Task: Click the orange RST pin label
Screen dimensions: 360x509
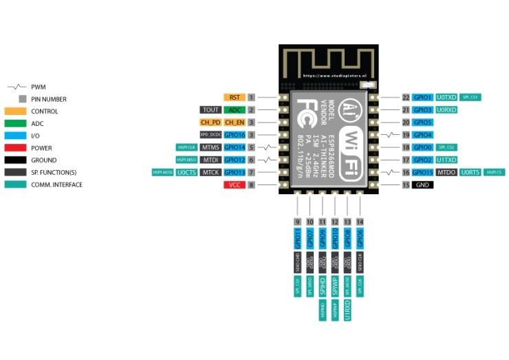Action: (234, 98)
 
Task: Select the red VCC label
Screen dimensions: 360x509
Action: (234, 185)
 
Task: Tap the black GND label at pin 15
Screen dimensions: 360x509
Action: (422, 185)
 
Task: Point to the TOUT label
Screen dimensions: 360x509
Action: (210, 110)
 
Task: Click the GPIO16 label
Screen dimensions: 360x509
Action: (235, 135)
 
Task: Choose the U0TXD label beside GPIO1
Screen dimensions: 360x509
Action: (446, 98)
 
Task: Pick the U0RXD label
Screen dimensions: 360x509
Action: (446, 110)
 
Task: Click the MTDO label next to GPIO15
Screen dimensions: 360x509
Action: (446, 173)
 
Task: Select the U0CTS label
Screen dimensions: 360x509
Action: (187, 173)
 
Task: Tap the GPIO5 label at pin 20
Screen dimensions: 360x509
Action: (422, 123)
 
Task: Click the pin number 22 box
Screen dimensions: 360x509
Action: (406, 98)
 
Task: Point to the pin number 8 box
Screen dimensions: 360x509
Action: (252, 185)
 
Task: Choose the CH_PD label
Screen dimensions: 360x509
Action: (210, 123)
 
